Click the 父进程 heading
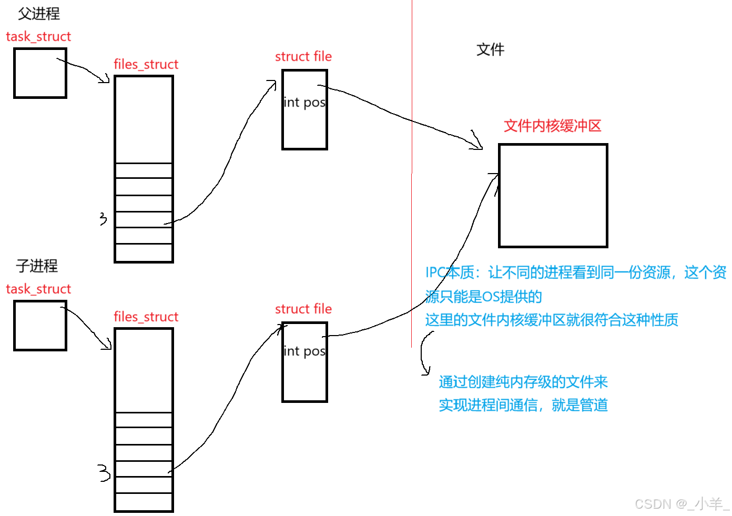tap(39, 14)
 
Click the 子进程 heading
tap(37, 266)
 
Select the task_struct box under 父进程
tap(40, 73)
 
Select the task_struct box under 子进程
tap(40, 326)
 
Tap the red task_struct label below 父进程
tap(38, 37)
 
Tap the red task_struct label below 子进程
tap(38, 289)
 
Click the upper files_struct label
tap(146, 65)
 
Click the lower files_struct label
tap(146, 317)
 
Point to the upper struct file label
tap(303, 57)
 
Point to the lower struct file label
tap(303, 309)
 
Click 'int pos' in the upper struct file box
tap(304, 103)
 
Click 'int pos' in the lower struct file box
tap(304, 351)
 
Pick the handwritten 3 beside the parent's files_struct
tap(103, 219)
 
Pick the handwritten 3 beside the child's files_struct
tap(104, 473)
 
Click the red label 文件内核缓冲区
tap(552, 126)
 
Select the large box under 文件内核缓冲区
tap(553, 196)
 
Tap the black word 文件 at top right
tap(490, 50)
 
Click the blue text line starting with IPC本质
tap(575, 272)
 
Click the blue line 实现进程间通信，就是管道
tap(523, 405)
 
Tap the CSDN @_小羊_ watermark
tap(681, 504)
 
